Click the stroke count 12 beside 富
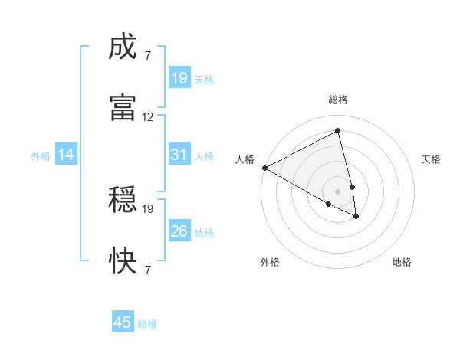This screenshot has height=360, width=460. pos(148,117)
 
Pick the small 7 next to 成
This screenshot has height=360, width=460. pos(148,56)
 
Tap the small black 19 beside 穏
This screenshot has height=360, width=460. pos(148,208)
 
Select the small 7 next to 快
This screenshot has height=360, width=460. pos(148,269)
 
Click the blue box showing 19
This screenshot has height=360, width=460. pos(179,78)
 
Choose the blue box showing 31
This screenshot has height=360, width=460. pos(179,155)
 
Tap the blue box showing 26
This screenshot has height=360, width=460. pos(179,231)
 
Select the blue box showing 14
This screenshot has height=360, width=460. pos(66,155)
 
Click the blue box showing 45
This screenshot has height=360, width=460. pos(123,322)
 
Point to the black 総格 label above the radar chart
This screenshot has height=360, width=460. pos(338,100)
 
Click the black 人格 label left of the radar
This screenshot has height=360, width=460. pos(245,159)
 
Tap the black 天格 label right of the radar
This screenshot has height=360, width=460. pos(431,159)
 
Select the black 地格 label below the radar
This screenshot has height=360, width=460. pos(402,262)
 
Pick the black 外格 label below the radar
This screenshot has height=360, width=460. pos(270,262)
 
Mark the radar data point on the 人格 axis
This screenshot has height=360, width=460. pos(264,167)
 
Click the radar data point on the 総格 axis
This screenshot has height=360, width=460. pos(338,131)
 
